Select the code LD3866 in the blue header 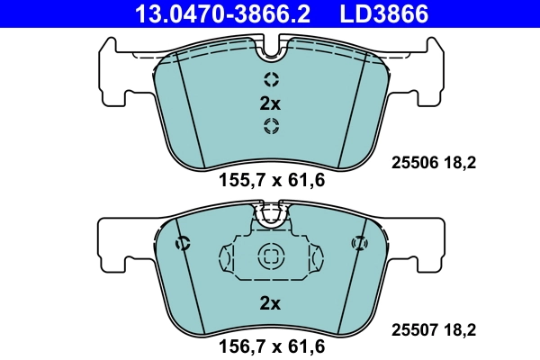click(x=382, y=13)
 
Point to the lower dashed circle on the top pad click(x=271, y=126)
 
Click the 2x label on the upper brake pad click(x=271, y=103)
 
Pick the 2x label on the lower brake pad click(x=271, y=303)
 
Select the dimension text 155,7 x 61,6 click(x=271, y=180)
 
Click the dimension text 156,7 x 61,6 click(x=271, y=344)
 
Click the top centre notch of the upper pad click(x=271, y=45)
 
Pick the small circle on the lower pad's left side click(x=184, y=242)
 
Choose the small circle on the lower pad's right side click(x=358, y=242)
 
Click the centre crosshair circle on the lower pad click(x=271, y=256)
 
